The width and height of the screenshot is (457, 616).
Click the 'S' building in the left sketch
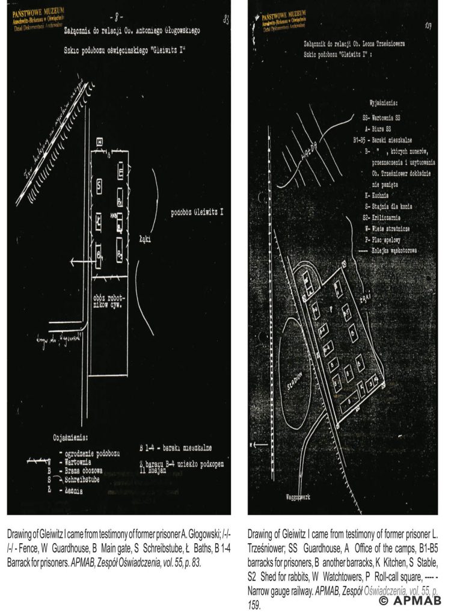97,182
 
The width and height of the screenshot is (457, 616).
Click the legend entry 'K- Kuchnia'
379,196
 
